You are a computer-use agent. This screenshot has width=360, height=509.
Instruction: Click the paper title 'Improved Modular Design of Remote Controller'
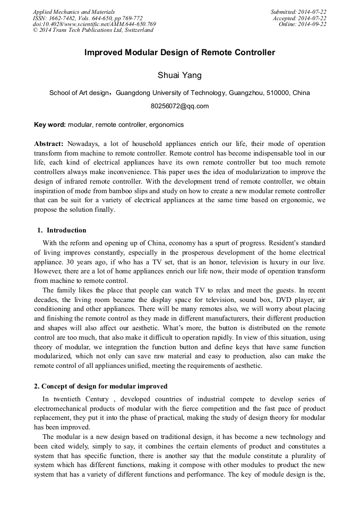pos(179,53)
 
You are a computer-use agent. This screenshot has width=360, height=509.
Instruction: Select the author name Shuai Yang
pos(179,75)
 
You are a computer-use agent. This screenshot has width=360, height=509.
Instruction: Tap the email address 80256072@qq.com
pos(179,106)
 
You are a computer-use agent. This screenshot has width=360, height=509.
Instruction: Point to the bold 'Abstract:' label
pos(49,144)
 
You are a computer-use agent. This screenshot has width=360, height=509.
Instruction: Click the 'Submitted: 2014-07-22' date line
pos(298,12)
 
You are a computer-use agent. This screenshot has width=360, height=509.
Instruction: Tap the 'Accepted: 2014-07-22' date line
pos(299,18)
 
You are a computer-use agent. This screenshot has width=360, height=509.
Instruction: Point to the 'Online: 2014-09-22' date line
pos(303,24)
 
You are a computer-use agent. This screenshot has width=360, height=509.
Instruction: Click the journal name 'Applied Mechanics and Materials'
pos(74,12)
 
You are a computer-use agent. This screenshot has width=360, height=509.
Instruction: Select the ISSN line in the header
pos(88,18)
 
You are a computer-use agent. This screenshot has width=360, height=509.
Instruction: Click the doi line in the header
pos(94,24)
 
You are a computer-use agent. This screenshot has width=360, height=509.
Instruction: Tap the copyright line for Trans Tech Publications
pos(93,30)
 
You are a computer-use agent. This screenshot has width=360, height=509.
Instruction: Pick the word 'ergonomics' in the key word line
pos(166,125)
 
